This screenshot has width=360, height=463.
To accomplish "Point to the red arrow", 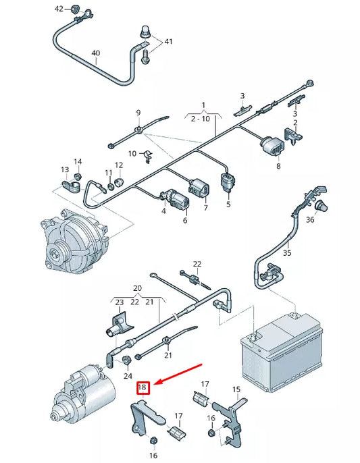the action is pos(178,374).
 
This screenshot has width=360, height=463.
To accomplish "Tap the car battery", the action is pos(282,352).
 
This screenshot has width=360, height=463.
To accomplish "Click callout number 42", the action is pos(59,9).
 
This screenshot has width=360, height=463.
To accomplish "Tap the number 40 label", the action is pos(96,53).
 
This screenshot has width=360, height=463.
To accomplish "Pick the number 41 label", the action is pos(168,41).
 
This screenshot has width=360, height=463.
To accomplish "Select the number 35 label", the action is pos(286,252).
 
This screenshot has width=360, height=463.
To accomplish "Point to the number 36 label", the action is pos(310,220).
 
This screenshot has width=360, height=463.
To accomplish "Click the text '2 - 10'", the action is pos(200,119).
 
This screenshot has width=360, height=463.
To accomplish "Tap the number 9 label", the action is pos(138,113).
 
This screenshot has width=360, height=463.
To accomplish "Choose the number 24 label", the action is pos(128,376).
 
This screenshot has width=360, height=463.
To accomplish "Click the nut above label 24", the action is pos(127,360).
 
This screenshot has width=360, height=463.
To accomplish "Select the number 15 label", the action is pos(236,389).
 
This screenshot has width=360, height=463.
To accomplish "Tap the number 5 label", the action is pos(228,204).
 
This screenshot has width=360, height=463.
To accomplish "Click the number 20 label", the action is pos(137,288).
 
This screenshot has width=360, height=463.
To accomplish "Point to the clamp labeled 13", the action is pos(71,186).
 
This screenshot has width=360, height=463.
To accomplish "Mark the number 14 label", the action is pos(78,161).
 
